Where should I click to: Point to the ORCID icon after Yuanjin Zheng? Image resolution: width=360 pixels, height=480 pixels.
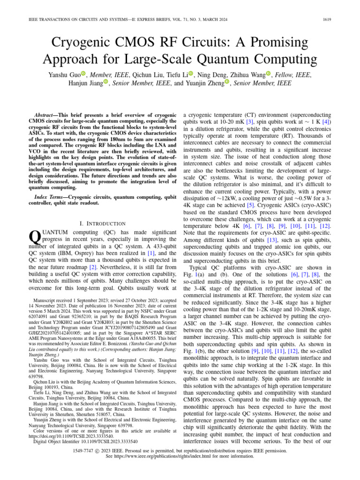coord(227,82)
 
